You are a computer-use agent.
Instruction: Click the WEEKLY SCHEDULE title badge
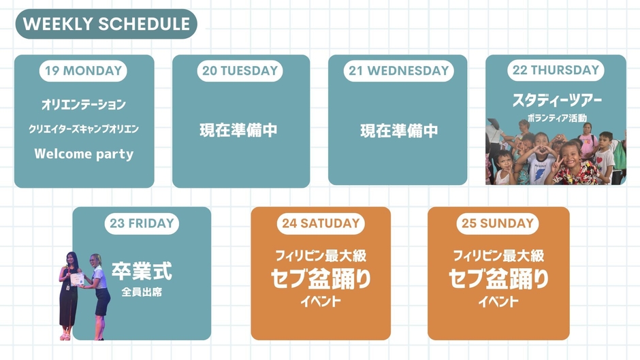[x=106, y=24]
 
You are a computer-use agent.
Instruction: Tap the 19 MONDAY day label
[x=84, y=70]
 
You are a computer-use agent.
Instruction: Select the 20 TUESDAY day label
[x=240, y=70]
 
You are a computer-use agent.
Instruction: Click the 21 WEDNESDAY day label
[x=398, y=70]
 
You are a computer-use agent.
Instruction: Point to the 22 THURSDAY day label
[x=556, y=70]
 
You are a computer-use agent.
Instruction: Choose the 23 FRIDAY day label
[x=142, y=223]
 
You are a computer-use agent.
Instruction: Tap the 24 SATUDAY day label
[x=320, y=223]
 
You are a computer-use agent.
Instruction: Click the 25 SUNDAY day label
[x=497, y=223]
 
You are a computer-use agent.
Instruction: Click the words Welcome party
[x=84, y=154]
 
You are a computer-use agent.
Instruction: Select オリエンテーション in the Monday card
[x=84, y=105]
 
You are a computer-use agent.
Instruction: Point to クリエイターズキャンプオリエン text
[x=84, y=129]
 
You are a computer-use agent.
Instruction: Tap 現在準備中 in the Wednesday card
[x=398, y=131]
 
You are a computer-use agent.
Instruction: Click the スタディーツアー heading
[x=557, y=101]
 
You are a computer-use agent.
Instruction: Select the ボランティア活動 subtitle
[x=557, y=118]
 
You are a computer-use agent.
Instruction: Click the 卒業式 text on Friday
[x=142, y=271]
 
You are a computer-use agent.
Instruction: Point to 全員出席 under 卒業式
[x=142, y=293]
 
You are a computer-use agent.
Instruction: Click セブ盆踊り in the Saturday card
[x=321, y=278]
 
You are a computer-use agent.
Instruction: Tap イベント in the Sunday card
[x=498, y=301]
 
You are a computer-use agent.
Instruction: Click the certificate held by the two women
[x=77, y=279]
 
